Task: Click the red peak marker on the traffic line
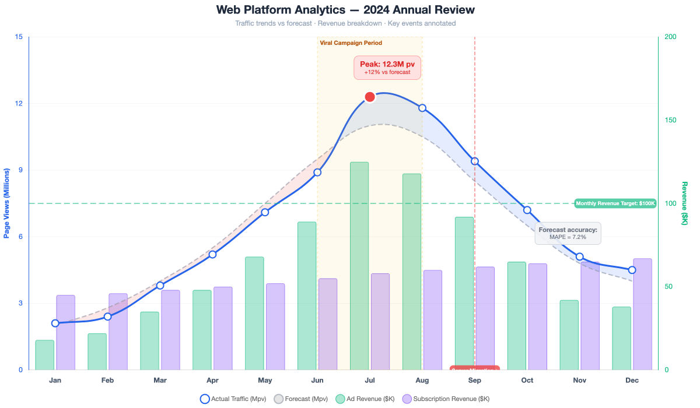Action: point(370,97)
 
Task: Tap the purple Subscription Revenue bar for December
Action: point(642,314)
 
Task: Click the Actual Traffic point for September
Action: point(475,161)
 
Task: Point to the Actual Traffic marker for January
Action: point(55,323)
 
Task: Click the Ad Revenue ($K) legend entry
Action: point(365,399)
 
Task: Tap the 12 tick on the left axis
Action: point(18,104)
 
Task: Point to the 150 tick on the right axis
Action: point(671,120)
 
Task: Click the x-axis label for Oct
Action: point(527,381)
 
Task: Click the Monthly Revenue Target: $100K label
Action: point(615,203)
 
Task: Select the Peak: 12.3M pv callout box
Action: point(387,68)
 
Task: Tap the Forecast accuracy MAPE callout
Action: point(568,233)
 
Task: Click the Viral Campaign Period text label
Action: point(351,43)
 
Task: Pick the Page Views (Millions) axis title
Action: point(7,203)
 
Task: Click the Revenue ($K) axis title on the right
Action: point(685,203)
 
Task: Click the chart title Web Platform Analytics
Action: point(345,10)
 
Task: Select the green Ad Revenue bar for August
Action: point(412,272)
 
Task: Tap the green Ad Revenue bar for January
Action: point(45,355)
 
